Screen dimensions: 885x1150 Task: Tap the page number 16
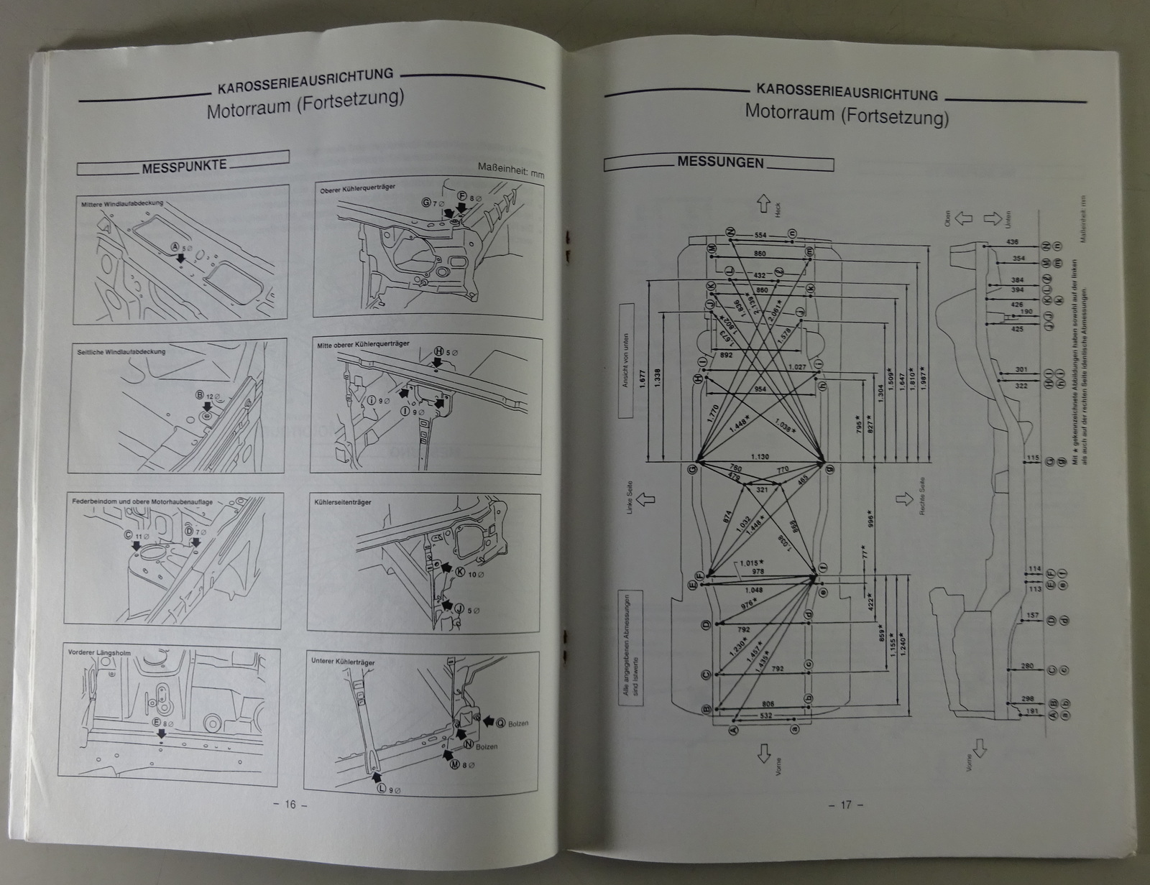tap(290, 804)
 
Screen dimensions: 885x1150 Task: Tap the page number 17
tap(846, 804)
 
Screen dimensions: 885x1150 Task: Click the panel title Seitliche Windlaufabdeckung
tap(121, 352)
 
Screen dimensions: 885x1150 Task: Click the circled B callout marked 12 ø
tap(200, 394)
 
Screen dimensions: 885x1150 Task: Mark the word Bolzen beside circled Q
tap(517, 723)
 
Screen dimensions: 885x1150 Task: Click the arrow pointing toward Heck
tap(764, 205)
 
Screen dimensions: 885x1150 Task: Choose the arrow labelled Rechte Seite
tap(903, 497)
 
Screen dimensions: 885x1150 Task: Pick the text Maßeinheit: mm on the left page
tap(511, 170)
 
